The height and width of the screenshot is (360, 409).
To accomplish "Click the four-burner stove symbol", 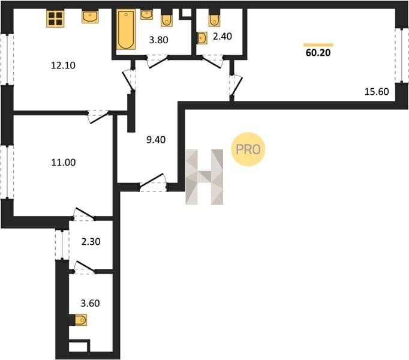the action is (x=55, y=19).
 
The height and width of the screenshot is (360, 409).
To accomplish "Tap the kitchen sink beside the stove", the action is (x=90, y=17).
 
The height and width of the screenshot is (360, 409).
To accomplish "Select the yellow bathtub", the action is (x=126, y=29).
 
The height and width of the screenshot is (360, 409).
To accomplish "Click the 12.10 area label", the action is (x=63, y=65).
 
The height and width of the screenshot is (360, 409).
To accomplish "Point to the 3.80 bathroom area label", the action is (x=158, y=40).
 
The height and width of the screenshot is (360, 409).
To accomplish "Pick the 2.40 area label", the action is (x=222, y=36).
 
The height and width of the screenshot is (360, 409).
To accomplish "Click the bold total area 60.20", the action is (x=318, y=52).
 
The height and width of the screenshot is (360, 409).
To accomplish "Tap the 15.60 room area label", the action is (x=377, y=92).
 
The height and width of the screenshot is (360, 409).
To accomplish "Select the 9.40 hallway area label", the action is (x=156, y=140).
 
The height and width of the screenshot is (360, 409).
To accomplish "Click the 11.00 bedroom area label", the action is (x=64, y=163).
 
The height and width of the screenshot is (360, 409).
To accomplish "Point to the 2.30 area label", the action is (x=91, y=241).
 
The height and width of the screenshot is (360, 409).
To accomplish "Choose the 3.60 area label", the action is (x=90, y=303).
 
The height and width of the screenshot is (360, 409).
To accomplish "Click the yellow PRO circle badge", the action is (x=248, y=149).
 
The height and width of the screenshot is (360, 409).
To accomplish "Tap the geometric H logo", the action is (x=204, y=177).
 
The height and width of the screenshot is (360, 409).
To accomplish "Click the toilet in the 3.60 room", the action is (x=80, y=320).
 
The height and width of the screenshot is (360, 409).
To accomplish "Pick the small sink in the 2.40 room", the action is (x=202, y=38).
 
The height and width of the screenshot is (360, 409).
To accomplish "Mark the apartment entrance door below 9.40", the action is (x=153, y=183).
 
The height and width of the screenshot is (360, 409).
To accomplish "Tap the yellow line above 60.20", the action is (x=318, y=45).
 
